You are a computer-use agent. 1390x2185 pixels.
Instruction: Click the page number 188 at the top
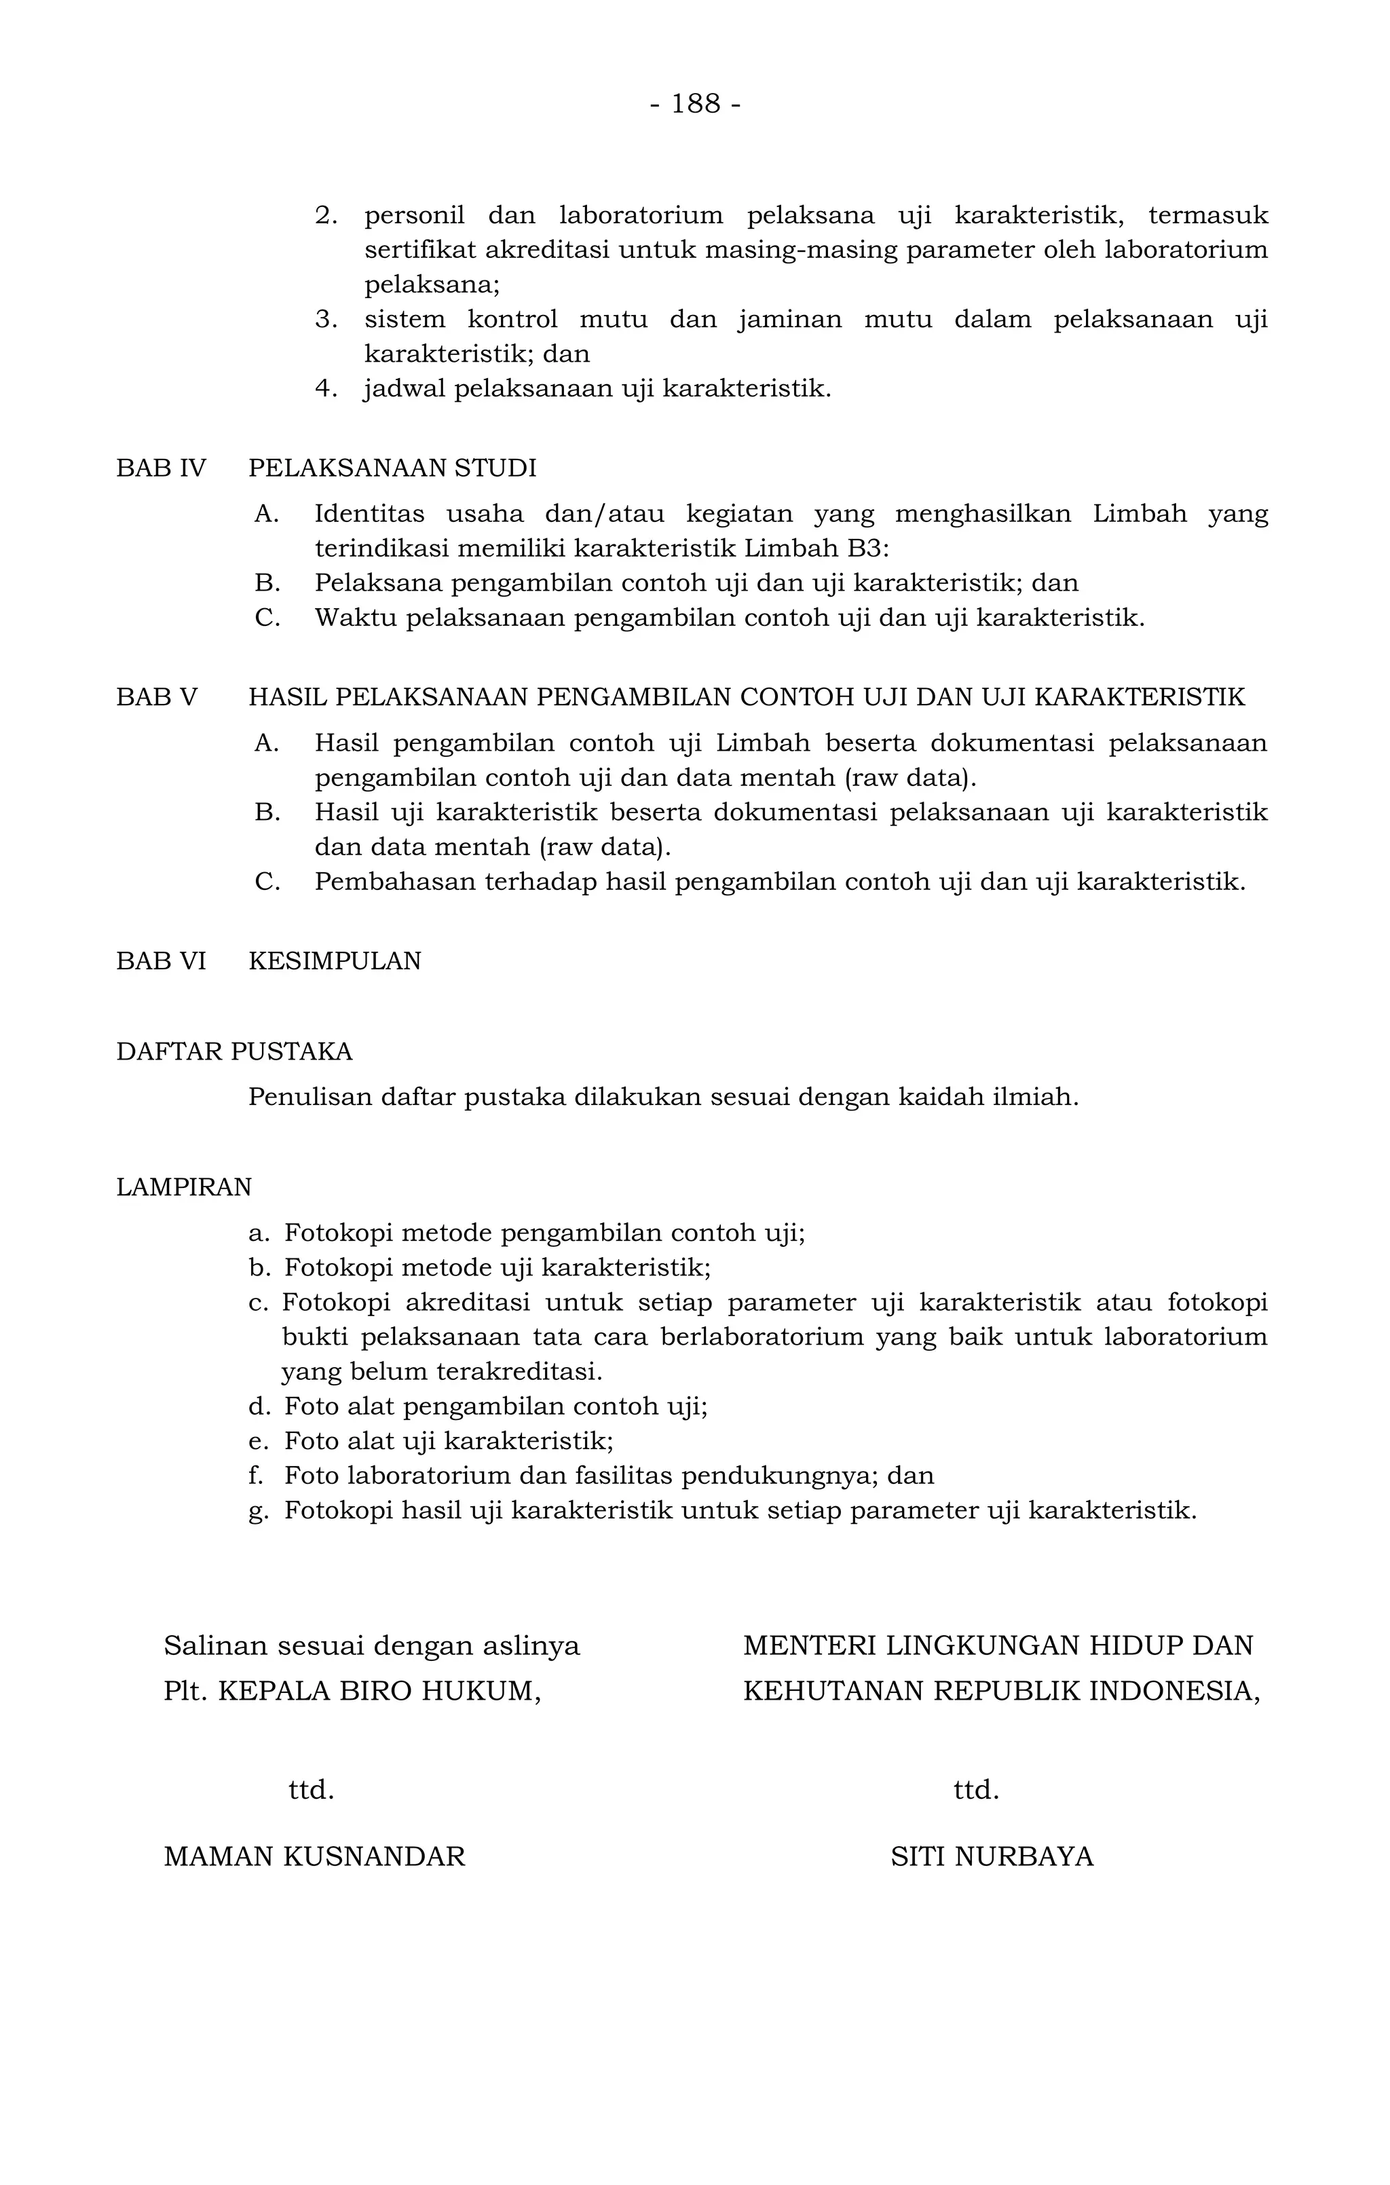pos(696,105)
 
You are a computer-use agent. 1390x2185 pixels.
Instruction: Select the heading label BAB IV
pos(161,468)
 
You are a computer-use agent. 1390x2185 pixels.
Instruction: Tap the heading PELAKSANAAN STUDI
pos(392,468)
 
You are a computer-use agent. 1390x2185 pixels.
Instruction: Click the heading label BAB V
pos(156,697)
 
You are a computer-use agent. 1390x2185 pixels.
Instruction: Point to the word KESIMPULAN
pos(335,961)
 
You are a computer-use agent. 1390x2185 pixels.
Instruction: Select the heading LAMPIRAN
pos(183,1187)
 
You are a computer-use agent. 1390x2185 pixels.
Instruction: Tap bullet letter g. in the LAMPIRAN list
pos(259,1511)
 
